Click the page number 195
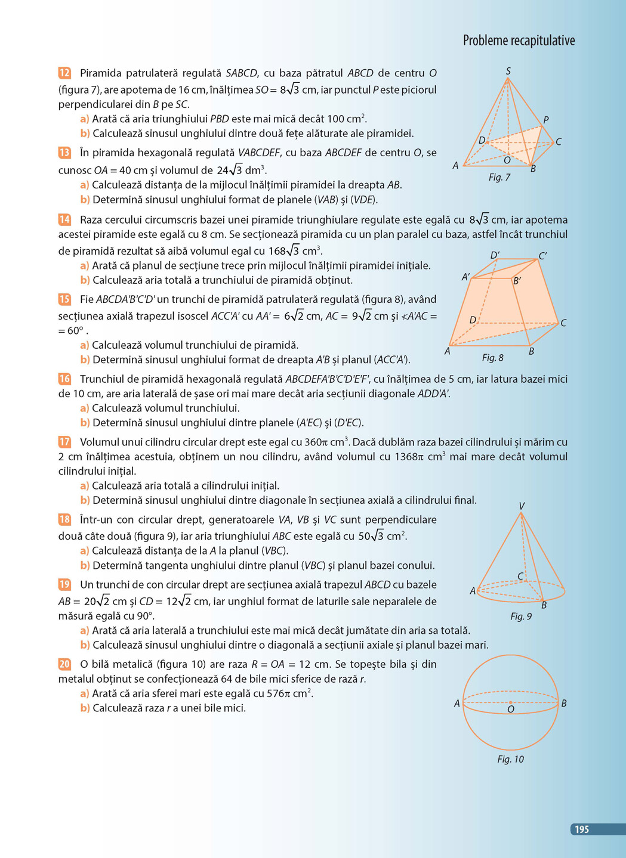point(582,829)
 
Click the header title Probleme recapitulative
point(519,41)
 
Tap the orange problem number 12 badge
point(64,73)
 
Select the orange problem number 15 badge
point(64,299)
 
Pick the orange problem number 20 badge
point(64,664)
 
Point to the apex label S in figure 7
point(508,71)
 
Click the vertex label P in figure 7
point(546,120)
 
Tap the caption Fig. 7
point(499,177)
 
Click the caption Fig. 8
point(492,358)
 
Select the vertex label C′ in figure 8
point(542,256)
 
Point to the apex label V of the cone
point(522,506)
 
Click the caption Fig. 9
point(520,617)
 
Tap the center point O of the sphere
point(510,702)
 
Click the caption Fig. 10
point(510,759)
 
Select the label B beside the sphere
point(563,704)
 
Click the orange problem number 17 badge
point(64,442)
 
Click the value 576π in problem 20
point(278,693)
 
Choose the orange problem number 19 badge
point(64,584)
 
